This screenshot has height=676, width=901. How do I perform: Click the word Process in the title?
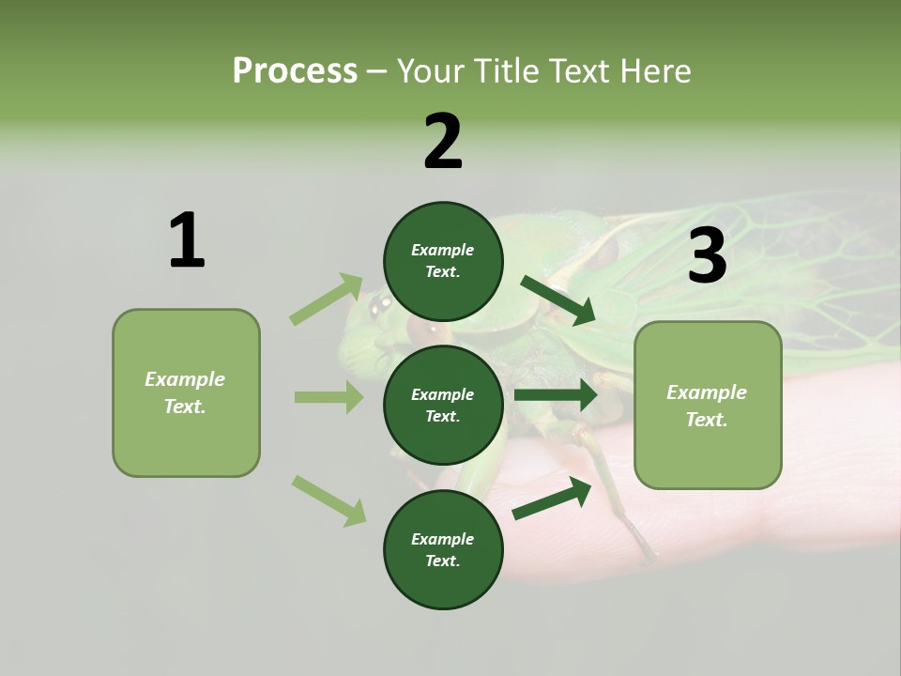[295, 71]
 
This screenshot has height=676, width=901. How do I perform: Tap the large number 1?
[187, 241]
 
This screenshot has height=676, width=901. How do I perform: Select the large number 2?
[443, 142]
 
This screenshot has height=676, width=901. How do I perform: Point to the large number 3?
[707, 256]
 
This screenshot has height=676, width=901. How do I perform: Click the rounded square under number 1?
[186, 392]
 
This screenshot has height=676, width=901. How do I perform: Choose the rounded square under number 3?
[708, 405]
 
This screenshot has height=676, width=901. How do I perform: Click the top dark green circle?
[443, 261]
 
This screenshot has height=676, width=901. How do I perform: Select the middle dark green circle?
[443, 405]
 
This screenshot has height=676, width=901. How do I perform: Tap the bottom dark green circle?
[443, 549]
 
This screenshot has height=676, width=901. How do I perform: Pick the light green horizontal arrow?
[328, 397]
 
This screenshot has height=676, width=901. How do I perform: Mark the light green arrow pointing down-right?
[328, 499]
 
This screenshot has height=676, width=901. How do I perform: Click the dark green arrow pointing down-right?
[557, 300]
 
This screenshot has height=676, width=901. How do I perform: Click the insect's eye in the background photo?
[380, 304]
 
